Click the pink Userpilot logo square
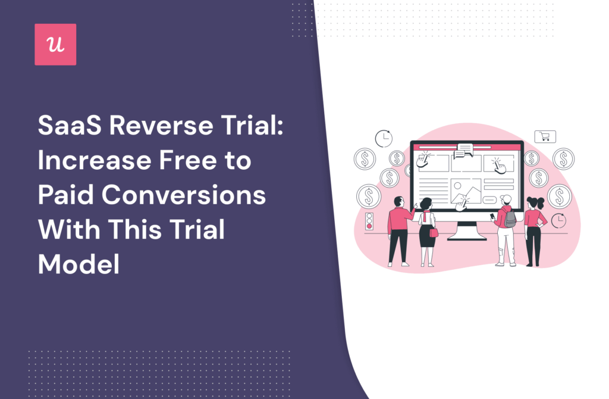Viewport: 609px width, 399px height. click(55, 45)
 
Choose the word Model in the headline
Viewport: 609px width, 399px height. click(79, 264)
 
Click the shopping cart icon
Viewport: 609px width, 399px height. click(544, 136)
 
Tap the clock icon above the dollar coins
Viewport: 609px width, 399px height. click(384, 139)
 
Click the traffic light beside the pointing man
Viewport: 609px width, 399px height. click(369, 220)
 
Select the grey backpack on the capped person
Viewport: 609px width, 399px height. click(510, 219)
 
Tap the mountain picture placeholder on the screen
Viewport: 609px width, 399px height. click(465, 191)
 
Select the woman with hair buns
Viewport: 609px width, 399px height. click(533, 229)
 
